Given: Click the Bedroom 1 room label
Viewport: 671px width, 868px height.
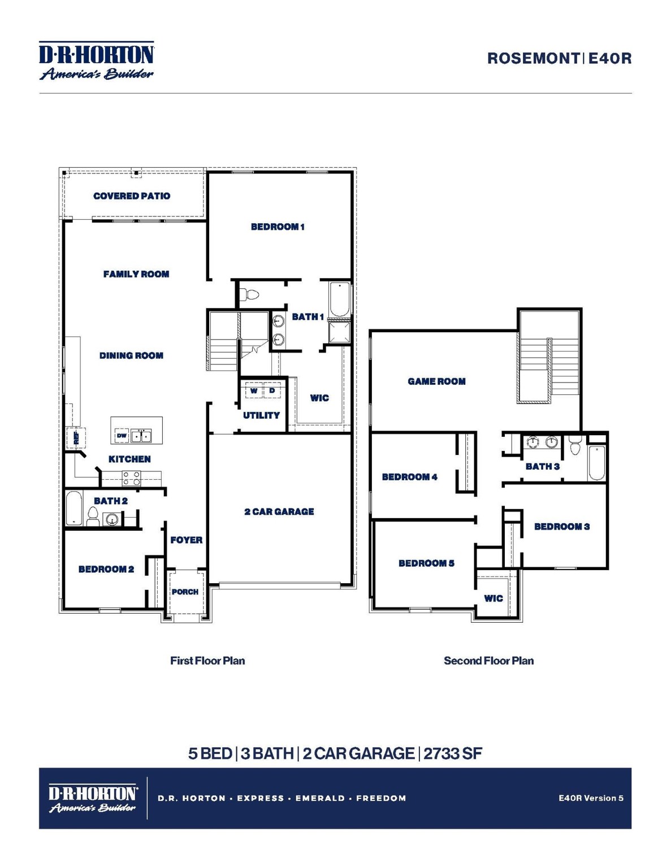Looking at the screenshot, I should pos(278,227).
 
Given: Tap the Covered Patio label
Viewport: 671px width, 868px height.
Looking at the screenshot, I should pos(131,196).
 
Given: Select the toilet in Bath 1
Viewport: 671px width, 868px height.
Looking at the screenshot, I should pos(249,294).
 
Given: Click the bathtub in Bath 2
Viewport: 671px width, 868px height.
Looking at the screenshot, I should pos(73,508).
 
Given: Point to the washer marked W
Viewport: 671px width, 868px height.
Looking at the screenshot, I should pos(254,390).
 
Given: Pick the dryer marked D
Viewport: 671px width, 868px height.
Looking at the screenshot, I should pos(272,390).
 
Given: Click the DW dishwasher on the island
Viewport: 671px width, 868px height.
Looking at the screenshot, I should pos(122,436).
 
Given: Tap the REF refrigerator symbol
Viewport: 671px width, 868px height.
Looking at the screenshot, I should pos(76,437).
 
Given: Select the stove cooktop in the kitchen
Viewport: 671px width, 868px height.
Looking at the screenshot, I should pos(132,479).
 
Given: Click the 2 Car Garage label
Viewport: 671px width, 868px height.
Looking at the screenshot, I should pos(279,511).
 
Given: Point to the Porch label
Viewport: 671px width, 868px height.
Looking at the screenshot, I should pos(185,592).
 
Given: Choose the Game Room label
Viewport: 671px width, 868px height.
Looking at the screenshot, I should pos(436,381).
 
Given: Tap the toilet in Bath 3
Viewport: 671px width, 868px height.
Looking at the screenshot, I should pos(575,446).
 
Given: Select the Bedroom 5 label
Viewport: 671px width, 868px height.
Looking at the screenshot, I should pos(426,563).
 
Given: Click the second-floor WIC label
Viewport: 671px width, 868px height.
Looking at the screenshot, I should pos(493,598).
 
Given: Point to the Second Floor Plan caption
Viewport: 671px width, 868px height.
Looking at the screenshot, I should pos(488,661).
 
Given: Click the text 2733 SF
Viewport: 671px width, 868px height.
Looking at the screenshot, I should pos(453,753).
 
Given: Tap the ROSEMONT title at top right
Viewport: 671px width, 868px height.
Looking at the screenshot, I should pos(533,58).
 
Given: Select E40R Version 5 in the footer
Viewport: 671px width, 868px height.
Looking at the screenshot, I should pos(591,798).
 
